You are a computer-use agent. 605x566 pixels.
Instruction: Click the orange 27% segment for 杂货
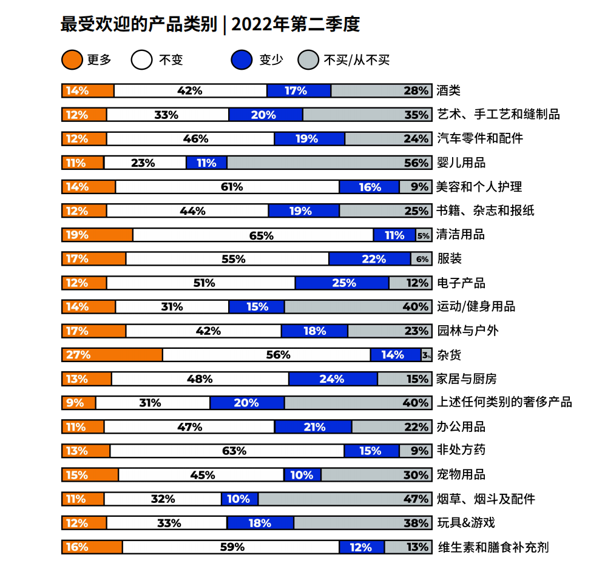(x=112, y=355)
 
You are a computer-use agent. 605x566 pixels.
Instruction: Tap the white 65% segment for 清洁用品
(x=253, y=235)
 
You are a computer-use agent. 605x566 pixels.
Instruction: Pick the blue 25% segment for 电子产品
(x=342, y=283)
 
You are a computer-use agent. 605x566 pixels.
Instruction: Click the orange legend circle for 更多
(x=72, y=60)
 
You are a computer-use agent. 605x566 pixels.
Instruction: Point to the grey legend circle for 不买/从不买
(x=308, y=60)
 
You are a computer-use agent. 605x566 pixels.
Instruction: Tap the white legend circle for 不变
(x=141, y=60)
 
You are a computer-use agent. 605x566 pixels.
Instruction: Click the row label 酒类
(x=448, y=91)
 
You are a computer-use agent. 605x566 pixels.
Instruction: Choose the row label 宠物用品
(x=461, y=475)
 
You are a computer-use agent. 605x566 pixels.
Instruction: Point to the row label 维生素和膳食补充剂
(x=493, y=547)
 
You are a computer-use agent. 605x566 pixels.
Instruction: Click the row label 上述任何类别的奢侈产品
(x=504, y=403)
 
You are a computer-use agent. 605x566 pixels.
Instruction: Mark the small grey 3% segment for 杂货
(x=427, y=355)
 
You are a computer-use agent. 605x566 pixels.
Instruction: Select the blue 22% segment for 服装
(x=370, y=259)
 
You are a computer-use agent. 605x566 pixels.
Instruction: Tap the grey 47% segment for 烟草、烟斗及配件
(x=345, y=499)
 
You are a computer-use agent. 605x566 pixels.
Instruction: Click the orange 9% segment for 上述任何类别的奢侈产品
(x=79, y=403)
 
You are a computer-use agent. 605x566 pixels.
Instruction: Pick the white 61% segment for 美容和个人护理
(x=227, y=187)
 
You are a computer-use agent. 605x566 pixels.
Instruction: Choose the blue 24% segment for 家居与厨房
(x=333, y=379)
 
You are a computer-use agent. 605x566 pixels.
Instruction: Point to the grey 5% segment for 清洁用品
(x=424, y=235)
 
